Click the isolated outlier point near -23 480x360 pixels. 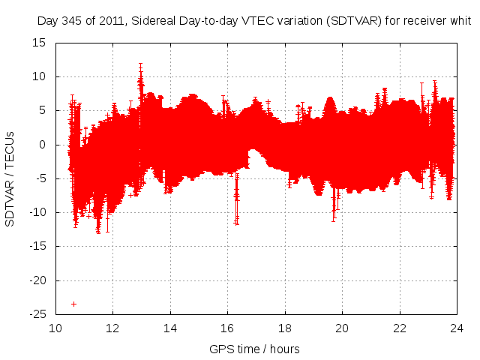tap(73, 304)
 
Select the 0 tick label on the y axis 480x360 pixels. tap(43, 144)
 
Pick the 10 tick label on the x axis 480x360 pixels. tap(56, 328)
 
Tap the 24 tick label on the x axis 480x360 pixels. tap(457, 328)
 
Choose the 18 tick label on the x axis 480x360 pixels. tap(285, 328)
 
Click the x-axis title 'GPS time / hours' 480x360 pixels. tap(255, 349)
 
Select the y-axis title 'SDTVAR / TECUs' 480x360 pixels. tap(10, 178)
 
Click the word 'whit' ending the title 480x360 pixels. tap(460, 21)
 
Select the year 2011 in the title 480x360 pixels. tap(109, 21)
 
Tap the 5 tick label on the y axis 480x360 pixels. tap(43, 110)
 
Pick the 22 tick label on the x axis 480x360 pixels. tap(400, 328)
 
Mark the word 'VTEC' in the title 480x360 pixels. tap(248, 21)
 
